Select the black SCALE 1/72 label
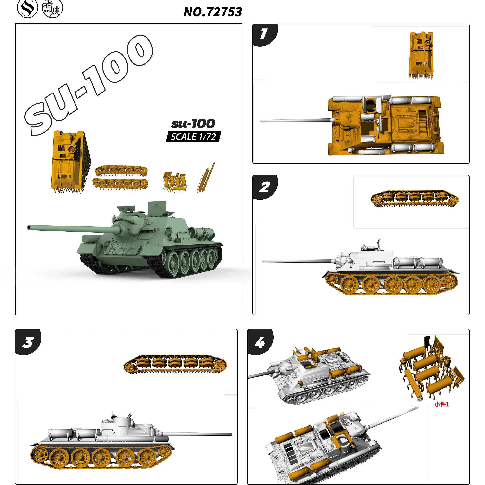(x=193, y=137)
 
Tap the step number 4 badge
(x=260, y=342)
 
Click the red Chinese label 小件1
(x=442, y=404)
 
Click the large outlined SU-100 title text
(x=88, y=85)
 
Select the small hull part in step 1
(x=421, y=55)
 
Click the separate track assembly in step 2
(x=414, y=198)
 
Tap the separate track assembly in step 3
(x=175, y=364)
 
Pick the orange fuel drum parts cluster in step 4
(x=430, y=369)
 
